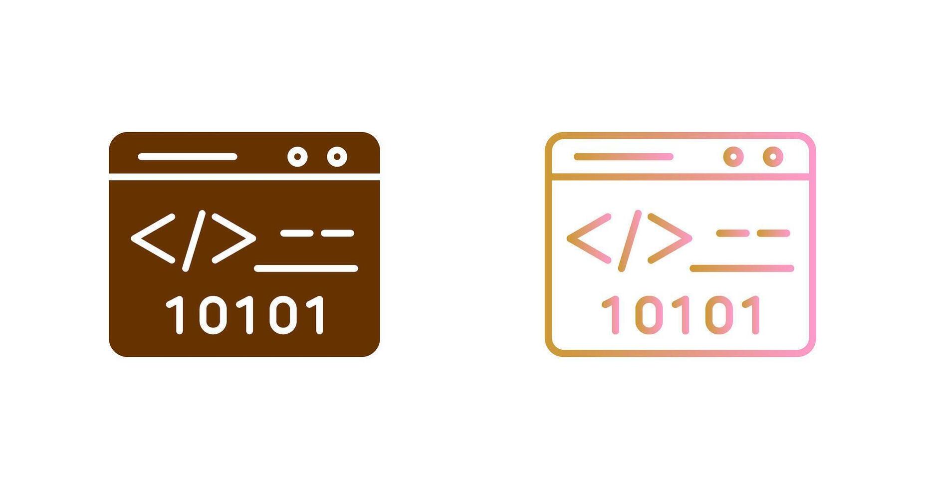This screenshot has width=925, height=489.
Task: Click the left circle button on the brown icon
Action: point(297,157)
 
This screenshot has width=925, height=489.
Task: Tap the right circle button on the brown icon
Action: point(337,157)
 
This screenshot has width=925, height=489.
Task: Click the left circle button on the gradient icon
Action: point(733,157)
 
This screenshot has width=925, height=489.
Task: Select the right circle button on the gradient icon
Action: point(773,157)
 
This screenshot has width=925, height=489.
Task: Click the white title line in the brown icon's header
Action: point(188,157)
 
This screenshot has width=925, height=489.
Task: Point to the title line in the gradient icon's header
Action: point(624,157)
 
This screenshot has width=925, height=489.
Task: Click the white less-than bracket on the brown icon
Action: point(153,239)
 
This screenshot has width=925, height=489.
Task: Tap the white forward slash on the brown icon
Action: point(194,241)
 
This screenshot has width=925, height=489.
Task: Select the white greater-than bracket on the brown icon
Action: point(233,239)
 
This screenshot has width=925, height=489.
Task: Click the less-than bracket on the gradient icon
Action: point(589,239)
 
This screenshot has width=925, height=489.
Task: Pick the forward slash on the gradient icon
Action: point(630,241)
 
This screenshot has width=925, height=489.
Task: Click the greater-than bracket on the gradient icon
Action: point(670,239)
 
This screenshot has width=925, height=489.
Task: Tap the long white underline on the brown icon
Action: point(306,268)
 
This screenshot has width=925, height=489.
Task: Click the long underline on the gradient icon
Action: point(742,268)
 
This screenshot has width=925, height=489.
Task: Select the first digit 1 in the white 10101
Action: point(178,314)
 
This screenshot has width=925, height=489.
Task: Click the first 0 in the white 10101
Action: point(213,314)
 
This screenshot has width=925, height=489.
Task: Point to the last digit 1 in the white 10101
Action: point(319,314)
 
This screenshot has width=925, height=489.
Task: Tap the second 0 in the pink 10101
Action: point(719,314)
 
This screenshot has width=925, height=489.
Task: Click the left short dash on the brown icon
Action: point(297,233)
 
